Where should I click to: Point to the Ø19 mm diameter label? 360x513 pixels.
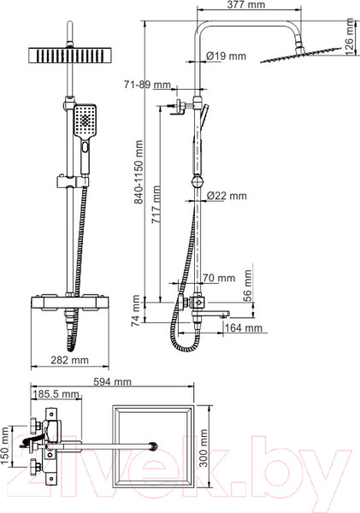tap(225, 57)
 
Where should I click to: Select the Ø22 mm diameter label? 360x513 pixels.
tap(227, 196)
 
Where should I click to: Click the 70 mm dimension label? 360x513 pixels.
tap(220, 278)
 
